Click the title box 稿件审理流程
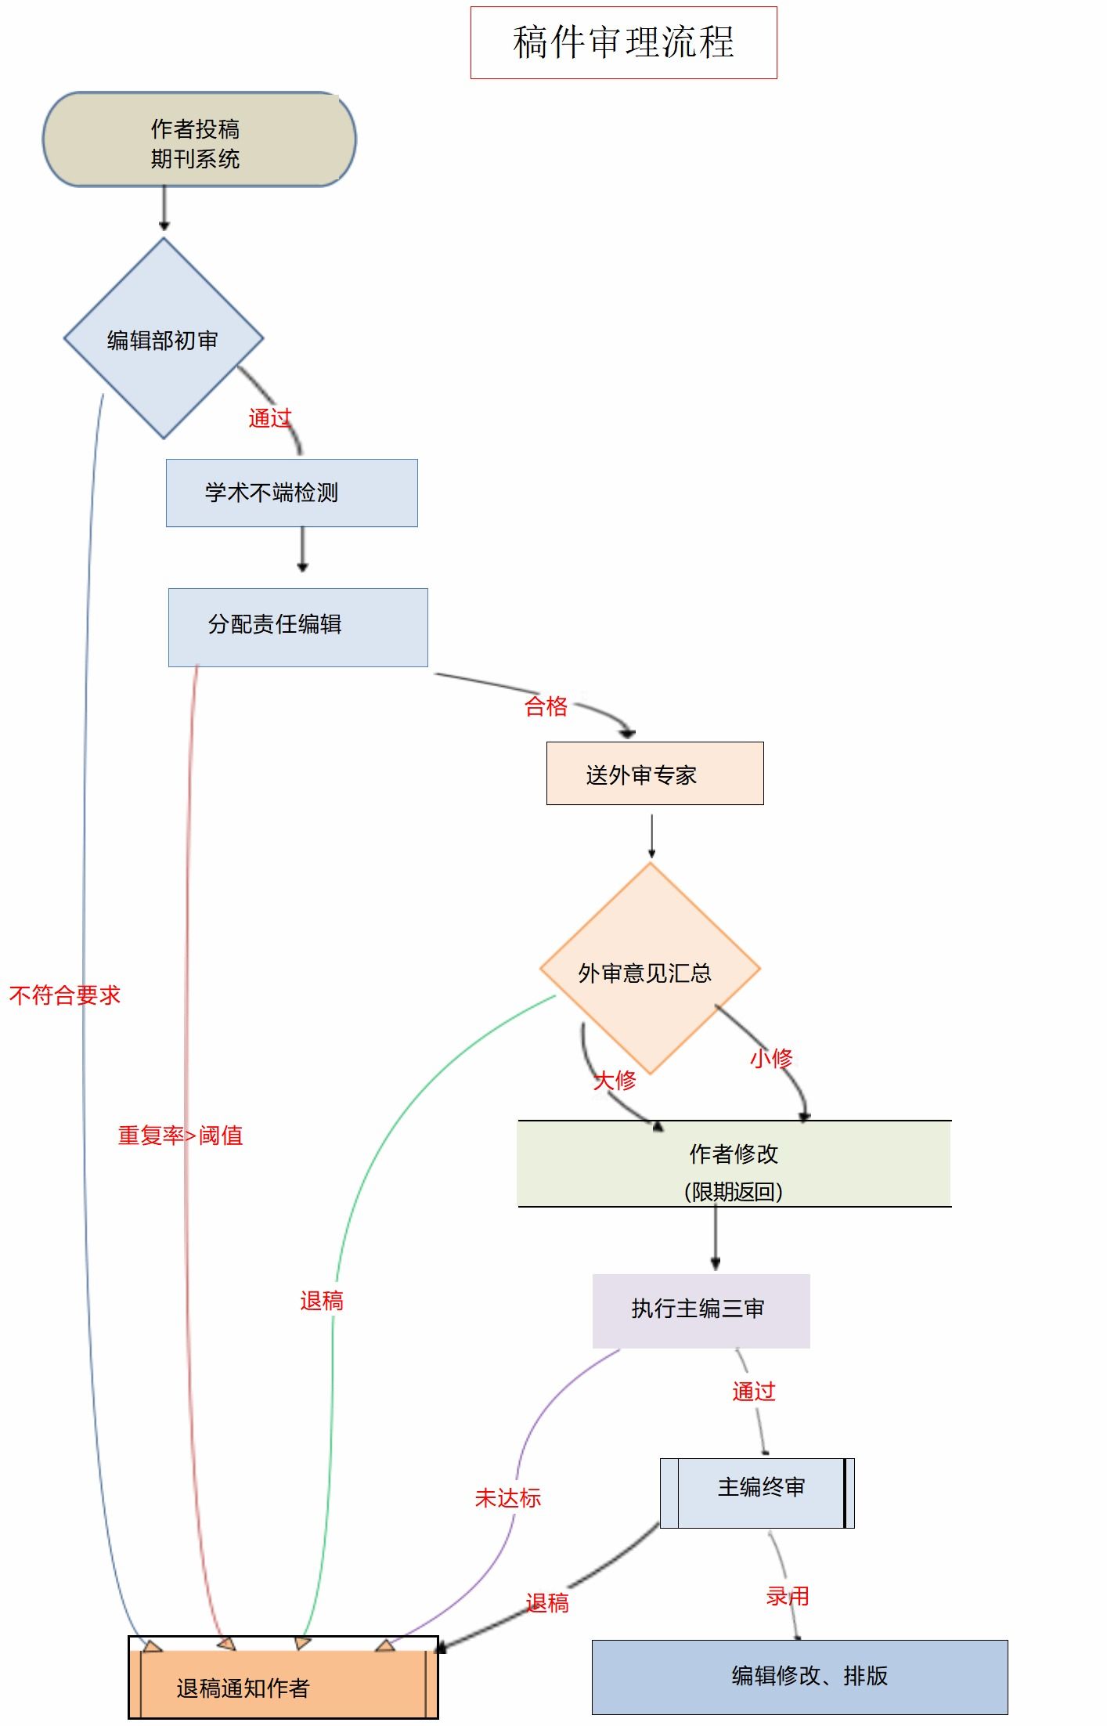[623, 42]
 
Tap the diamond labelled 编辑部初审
[164, 338]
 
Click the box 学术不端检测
[291, 493]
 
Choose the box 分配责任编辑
[297, 626]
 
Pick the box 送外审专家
[654, 773]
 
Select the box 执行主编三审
[701, 1310]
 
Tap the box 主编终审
[757, 1493]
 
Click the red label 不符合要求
[65, 995]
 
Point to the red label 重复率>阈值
[180, 1136]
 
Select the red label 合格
[546, 706]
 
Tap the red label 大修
[615, 1081]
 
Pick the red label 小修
[771, 1059]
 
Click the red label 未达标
[508, 1498]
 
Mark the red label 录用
[788, 1596]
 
